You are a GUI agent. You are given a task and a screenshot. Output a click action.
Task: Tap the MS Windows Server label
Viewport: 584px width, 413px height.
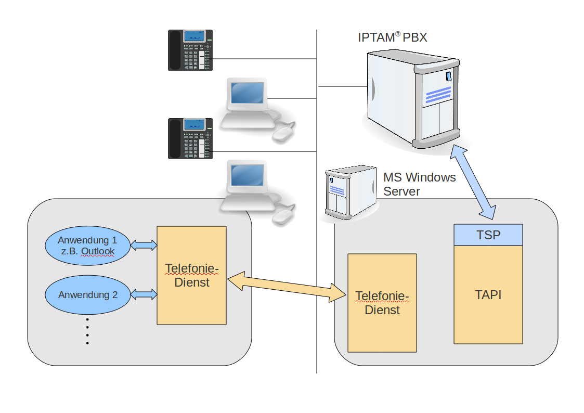click(x=419, y=184)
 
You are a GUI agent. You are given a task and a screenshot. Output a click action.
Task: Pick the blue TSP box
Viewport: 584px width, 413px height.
click(x=488, y=235)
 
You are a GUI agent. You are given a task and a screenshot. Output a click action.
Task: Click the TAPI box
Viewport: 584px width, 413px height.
click(x=488, y=294)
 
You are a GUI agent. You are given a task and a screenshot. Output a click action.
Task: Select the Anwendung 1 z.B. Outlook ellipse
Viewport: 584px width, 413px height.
click(x=86, y=246)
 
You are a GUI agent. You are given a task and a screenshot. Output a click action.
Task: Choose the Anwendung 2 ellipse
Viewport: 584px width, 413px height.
click(x=87, y=295)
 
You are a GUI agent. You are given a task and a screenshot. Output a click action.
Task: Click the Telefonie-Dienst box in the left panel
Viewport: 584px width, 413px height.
click(x=191, y=275)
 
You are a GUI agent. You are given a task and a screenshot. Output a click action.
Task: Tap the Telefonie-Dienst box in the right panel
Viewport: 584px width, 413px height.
click(x=382, y=303)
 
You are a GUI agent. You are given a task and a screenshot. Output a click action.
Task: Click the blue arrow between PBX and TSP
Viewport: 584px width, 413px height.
click(x=473, y=182)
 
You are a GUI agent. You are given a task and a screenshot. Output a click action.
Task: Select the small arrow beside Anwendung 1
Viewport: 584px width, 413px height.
click(x=144, y=245)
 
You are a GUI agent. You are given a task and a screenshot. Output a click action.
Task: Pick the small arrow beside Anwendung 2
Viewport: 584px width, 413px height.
click(x=144, y=294)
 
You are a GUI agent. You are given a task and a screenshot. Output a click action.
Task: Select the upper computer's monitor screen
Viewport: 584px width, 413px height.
click(x=248, y=93)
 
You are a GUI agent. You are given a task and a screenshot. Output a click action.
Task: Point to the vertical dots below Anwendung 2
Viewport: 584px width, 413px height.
click(x=87, y=331)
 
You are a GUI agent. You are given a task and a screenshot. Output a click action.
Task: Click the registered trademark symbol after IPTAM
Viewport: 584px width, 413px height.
click(x=397, y=34)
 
